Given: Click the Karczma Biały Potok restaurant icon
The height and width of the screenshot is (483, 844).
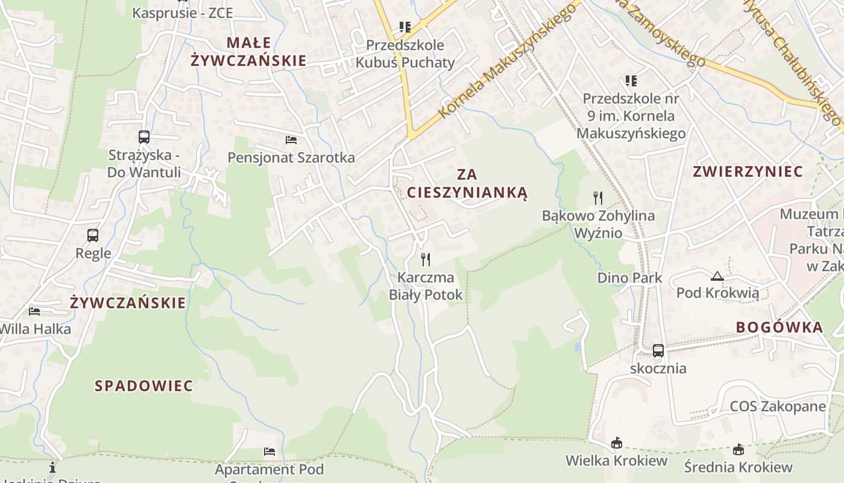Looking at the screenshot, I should click(426, 260).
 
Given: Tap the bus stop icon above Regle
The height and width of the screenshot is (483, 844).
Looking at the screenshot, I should click(93, 235).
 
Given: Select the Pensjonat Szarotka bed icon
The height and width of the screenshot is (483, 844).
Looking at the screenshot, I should click(291, 140).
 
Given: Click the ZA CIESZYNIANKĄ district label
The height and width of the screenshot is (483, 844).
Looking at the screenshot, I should click(467, 184).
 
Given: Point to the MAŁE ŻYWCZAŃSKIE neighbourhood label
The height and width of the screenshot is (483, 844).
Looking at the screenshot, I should click(249, 51).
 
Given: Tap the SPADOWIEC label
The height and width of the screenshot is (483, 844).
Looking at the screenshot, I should click(144, 386).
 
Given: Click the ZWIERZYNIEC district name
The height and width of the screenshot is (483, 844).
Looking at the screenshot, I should click(748, 171).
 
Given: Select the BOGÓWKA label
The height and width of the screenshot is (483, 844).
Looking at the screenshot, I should click(779, 327).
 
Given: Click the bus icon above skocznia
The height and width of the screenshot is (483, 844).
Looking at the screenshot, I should click(658, 350).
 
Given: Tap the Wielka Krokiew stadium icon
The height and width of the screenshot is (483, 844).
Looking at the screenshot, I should click(616, 443).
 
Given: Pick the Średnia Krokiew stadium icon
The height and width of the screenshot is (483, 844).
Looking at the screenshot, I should click(738, 449).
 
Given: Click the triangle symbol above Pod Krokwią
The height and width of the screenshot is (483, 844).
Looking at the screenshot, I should click(717, 277).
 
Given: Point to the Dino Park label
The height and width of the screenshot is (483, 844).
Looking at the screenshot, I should click(629, 278).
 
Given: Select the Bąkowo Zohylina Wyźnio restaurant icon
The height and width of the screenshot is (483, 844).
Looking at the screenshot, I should click(598, 197).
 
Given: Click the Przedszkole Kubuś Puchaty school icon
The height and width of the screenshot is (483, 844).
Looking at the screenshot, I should click(405, 27).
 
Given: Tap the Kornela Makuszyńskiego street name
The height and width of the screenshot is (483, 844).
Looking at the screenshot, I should click(503, 60).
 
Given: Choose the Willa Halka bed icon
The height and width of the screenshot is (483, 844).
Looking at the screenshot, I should click(35, 312).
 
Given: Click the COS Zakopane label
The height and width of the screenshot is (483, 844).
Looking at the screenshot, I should click(778, 406).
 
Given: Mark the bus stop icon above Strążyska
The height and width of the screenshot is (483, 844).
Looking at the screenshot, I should click(143, 137).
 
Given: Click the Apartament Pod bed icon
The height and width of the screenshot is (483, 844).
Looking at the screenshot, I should click(269, 452).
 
